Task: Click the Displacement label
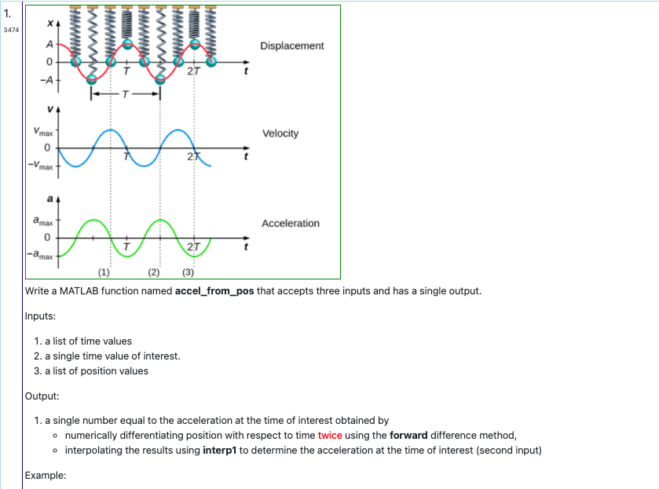(x=291, y=46)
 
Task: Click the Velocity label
(x=280, y=133)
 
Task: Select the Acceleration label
(x=291, y=224)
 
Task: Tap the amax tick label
(x=42, y=224)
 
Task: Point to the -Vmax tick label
(x=39, y=166)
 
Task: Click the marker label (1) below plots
(x=104, y=272)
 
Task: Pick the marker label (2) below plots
(x=154, y=272)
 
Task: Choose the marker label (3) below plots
(x=188, y=272)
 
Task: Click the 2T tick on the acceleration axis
(x=194, y=250)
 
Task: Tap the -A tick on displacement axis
(x=49, y=81)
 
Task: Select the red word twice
(x=330, y=436)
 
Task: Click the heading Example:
(x=46, y=476)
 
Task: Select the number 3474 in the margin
(x=10, y=30)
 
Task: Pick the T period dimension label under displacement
(x=126, y=95)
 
